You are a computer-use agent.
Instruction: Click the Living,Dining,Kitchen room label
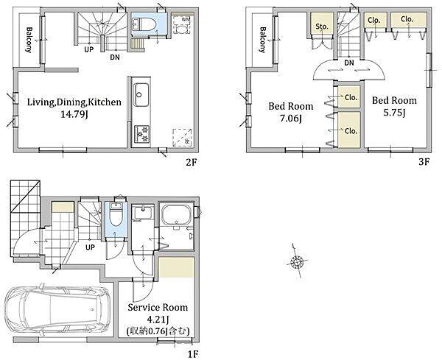coord(74,102)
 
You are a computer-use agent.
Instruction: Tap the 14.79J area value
coord(74,115)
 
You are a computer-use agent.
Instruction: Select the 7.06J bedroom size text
coord(291,119)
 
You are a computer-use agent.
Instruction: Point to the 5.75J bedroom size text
coord(394,113)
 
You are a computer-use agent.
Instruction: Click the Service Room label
coord(158,307)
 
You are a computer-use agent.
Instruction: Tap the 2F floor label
coord(191,162)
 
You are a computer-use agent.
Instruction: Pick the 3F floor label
coord(424,162)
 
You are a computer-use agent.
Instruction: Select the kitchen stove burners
coord(141,134)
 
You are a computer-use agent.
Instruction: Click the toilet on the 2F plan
coord(144,24)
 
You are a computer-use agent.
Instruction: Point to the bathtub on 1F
coord(177,215)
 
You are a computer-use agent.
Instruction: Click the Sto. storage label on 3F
coord(322,27)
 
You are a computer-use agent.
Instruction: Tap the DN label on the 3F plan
coord(349,63)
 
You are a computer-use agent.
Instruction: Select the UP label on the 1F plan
coord(90,247)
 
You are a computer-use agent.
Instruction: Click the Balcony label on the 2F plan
coord(29,40)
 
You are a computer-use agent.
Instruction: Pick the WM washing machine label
coord(186,19)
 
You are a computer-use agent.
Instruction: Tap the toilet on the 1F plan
coord(116,215)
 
